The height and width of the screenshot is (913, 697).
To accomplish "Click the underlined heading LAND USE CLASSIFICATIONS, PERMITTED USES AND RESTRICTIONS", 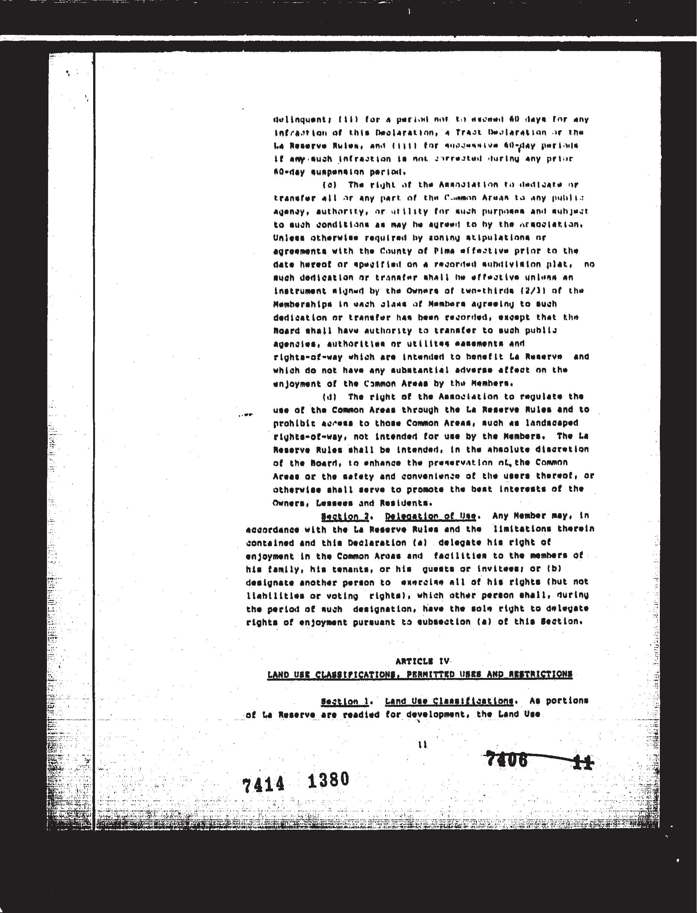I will [x=420, y=675].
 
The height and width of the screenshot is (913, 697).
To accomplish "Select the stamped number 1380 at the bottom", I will [x=328, y=780].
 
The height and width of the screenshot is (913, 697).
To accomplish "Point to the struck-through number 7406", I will [x=507, y=760].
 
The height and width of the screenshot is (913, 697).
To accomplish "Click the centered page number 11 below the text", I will [x=422, y=745].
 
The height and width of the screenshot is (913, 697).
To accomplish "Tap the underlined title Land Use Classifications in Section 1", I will [x=449, y=701].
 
